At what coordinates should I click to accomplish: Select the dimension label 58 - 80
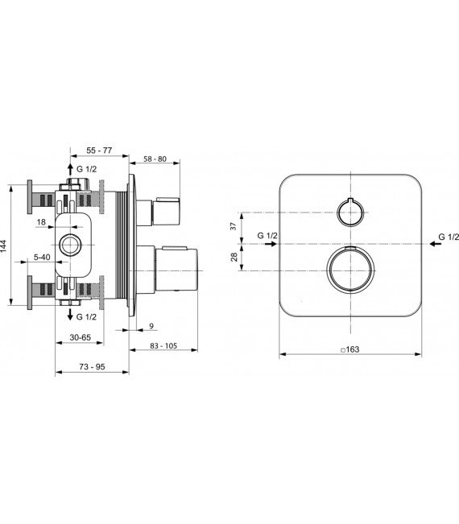pyautogui.click(x=153, y=159)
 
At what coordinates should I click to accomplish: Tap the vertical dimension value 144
pyautogui.click(x=6, y=245)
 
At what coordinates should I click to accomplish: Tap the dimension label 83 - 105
pyautogui.click(x=163, y=345)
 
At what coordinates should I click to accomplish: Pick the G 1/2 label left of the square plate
pyautogui.click(x=267, y=236)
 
